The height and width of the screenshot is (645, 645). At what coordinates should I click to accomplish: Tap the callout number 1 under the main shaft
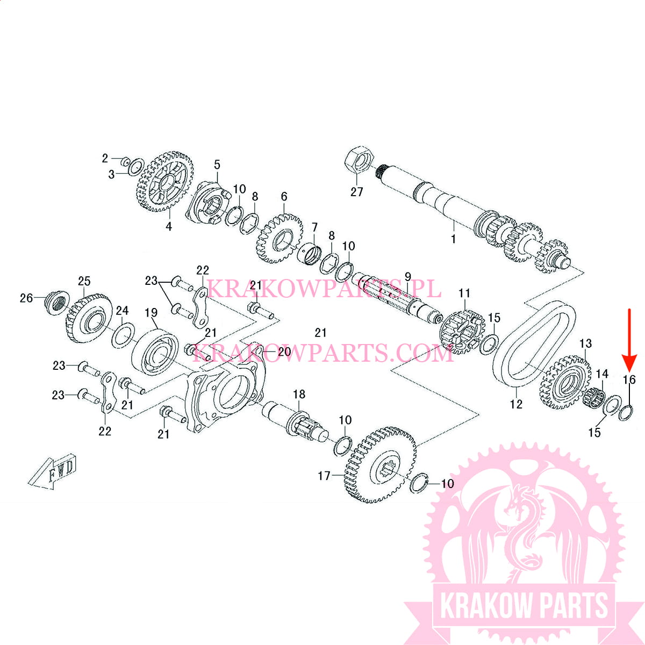coord(454,239)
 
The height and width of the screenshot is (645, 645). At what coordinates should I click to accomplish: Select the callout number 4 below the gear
coord(169,227)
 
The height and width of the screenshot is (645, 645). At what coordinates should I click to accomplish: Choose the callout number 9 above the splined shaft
coord(407,277)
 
